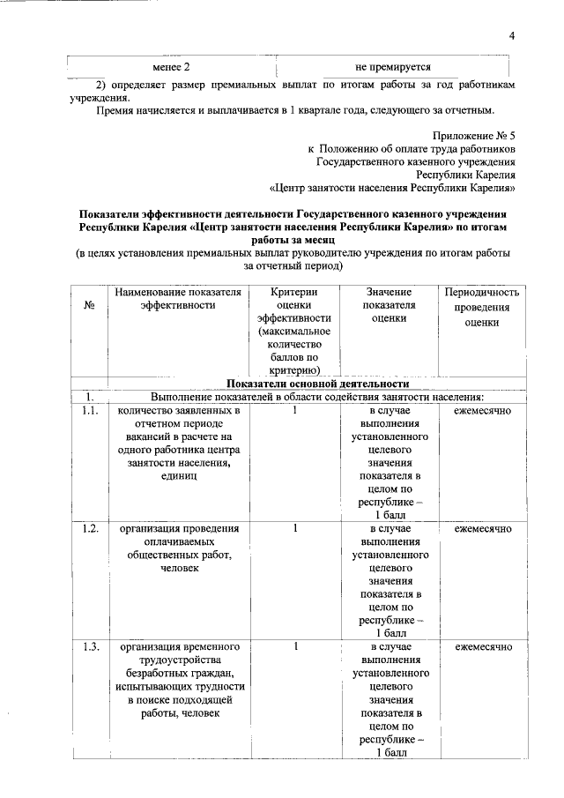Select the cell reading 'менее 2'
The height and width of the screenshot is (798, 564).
[x=171, y=67]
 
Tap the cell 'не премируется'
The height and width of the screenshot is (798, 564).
[x=393, y=67]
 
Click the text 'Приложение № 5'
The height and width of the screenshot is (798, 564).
[x=474, y=136]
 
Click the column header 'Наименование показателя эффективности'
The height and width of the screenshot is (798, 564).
[x=177, y=298]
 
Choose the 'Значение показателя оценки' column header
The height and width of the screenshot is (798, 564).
[x=389, y=306]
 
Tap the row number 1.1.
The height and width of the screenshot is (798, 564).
[x=88, y=412]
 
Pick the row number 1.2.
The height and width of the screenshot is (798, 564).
[x=88, y=528]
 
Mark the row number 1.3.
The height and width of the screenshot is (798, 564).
[x=88, y=646]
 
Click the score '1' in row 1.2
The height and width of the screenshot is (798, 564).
[x=295, y=528]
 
